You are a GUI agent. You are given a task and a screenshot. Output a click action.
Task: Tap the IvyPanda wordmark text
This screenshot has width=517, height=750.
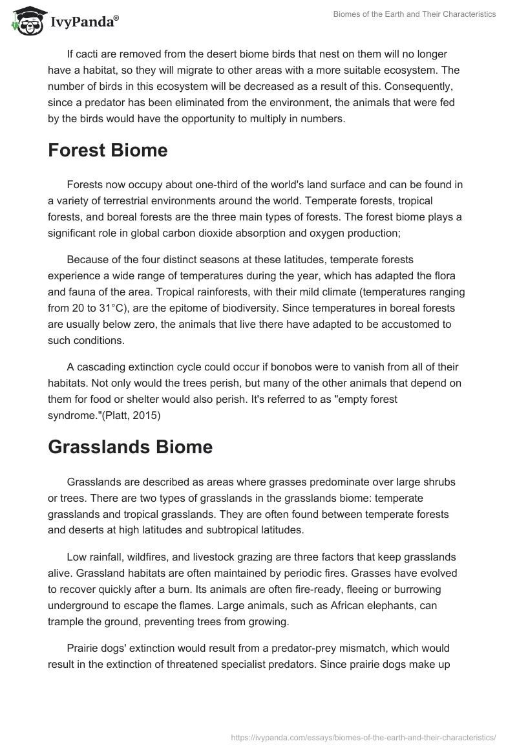(x=85, y=21)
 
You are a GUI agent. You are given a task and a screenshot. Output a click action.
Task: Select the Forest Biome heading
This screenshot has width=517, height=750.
(x=107, y=151)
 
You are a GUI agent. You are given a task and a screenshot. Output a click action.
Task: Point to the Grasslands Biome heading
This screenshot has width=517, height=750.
(x=130, y=447)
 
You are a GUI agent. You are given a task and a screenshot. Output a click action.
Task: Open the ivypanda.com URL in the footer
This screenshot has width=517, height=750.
(x=363, y=736)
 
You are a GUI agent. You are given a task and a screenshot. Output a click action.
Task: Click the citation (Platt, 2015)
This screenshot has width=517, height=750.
(x=136, y=416)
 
